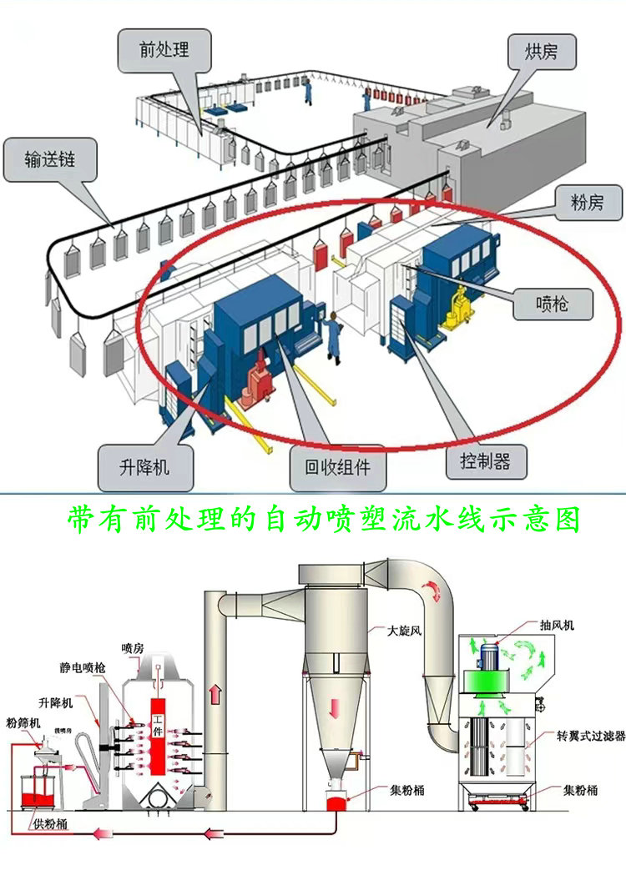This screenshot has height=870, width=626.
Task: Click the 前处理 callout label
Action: (x=164, y=49)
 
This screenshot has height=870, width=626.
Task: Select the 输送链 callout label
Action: (x=50, y=159)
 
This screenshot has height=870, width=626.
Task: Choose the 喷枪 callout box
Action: (x=553, y=304)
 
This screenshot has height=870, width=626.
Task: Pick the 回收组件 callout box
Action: (x=341, y=470)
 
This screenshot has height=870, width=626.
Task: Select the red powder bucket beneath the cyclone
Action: (x=336, y=806)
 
